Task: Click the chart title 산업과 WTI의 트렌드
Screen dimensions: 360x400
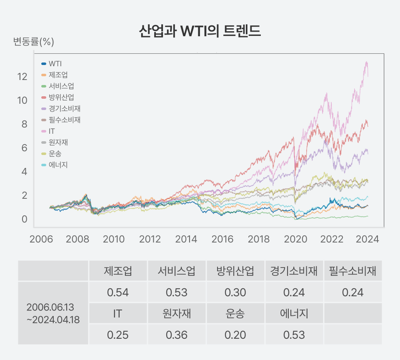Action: point(200,32)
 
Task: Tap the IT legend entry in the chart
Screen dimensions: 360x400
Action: point(52,131)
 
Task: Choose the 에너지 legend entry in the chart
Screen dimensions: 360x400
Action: point(58,165)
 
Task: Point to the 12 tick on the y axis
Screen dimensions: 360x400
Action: point(22,77)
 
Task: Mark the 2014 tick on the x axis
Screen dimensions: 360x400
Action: point(186,239)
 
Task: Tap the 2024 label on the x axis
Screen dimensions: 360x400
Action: point(368,239)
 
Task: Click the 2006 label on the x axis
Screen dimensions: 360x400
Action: point(40,239)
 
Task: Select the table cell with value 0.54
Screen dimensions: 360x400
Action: point(118,292)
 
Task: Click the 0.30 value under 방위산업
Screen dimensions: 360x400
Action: point(235,292)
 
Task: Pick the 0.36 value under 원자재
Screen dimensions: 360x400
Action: point(177,335)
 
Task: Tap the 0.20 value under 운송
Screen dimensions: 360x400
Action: point(235,335)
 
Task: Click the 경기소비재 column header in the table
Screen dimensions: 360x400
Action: point(294,271)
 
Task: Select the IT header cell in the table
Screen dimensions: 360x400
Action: point(118,313)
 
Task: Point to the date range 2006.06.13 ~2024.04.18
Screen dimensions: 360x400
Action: point(53,313)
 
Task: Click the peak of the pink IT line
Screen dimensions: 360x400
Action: point(367,62)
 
